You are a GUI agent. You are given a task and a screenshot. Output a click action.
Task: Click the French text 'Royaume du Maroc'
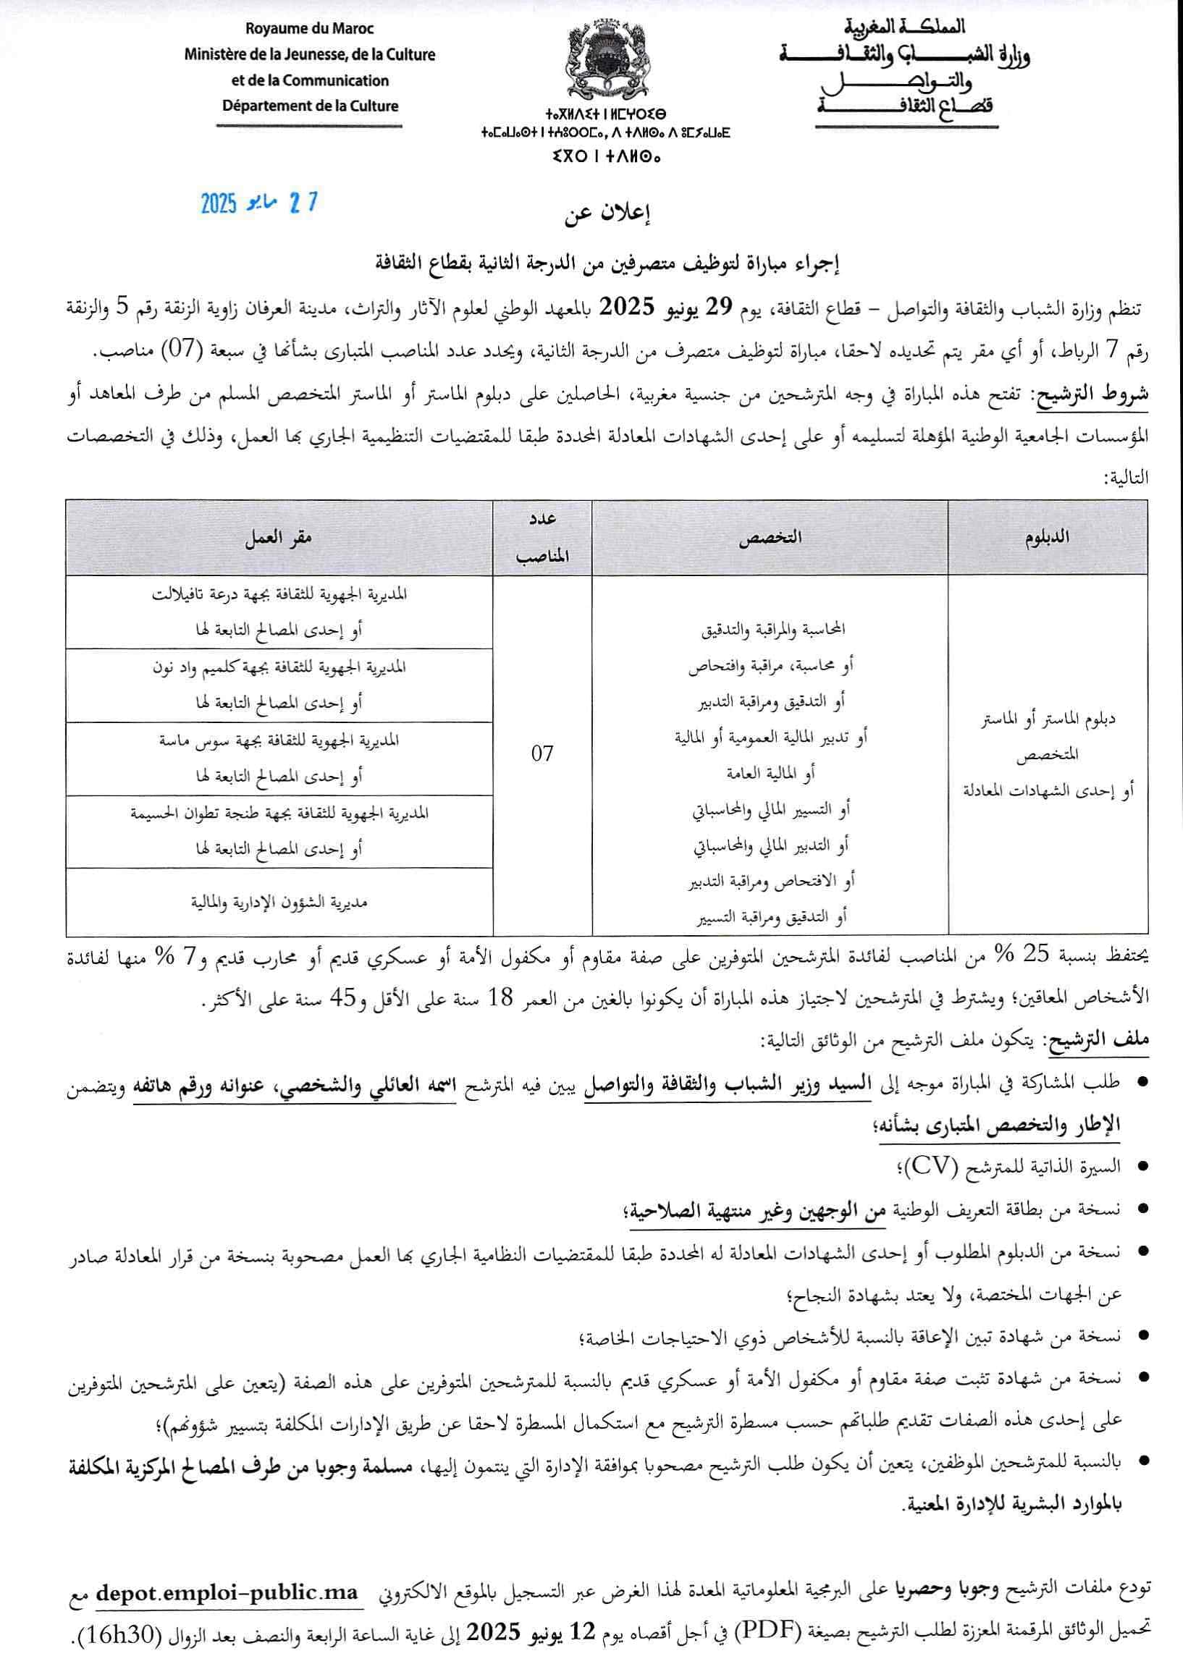310,29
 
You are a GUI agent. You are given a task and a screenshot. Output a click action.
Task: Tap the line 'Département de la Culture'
311,106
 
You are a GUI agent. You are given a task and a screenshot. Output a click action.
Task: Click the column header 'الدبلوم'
1047,537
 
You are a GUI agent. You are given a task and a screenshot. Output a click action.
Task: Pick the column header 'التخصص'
770,537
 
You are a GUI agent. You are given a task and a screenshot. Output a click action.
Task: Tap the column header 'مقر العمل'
279,537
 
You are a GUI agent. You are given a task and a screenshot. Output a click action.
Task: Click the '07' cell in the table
542,753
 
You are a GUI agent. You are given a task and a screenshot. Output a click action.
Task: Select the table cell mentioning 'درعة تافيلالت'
279,612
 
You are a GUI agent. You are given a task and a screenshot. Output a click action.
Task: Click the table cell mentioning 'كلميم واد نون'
279,685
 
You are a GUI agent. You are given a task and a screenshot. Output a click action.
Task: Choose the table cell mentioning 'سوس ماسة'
279,758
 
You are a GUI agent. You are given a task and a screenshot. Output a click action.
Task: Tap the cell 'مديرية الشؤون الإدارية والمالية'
279,902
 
